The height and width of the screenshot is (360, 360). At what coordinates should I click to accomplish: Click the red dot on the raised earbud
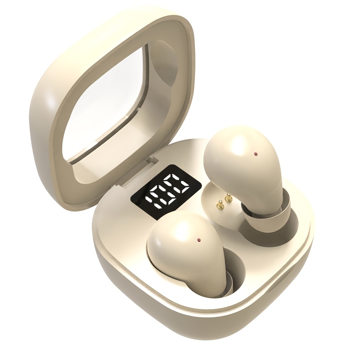pos(256,154)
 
